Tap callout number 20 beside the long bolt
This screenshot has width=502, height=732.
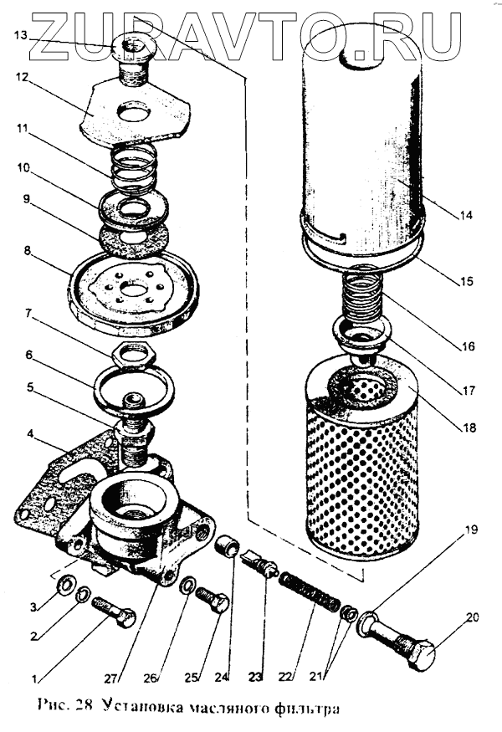tap(472, 618)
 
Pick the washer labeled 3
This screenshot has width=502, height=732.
tap(62, 582)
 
